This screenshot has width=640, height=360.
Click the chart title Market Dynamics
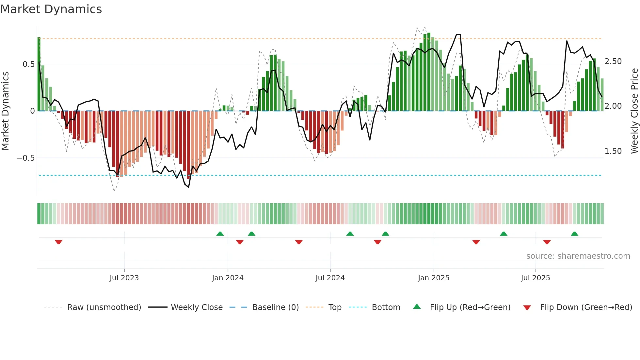pyautogui.click(x=51, y=9)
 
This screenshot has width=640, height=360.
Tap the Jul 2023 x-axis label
pyautogui.click(x=124, y=278)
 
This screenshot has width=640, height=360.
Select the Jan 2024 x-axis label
pyautogui.click(x=228, y=278)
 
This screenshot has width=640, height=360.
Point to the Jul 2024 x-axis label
pyautogui.click(x=330, y=278)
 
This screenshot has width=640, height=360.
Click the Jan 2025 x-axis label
pyautogui.click(x=434, y=278)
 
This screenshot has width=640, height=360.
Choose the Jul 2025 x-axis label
pyautogui.click(x=536, y=278)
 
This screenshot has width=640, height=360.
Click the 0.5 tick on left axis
pyautogui.click(x=28, y=64)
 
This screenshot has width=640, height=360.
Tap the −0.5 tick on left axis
pyautogui.click(x=25, y=158)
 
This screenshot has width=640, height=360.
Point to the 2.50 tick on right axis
pyautogui.click(x=613, y=61)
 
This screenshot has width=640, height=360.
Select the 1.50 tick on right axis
pyautogui.click(x=613, y=151)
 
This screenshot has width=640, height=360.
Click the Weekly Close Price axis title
pyautogui.click(x=634, y=111)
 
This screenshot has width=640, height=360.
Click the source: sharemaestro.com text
pyautogui.click(x=578, y=256)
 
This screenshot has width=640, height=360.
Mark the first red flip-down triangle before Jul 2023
pyautogui.click(x=58, y=242)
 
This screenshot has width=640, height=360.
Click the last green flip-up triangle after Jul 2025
pyautogui.click(x=574, y=234)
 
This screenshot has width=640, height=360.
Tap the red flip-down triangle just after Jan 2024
pyautogui.click(x=240, y=242)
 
